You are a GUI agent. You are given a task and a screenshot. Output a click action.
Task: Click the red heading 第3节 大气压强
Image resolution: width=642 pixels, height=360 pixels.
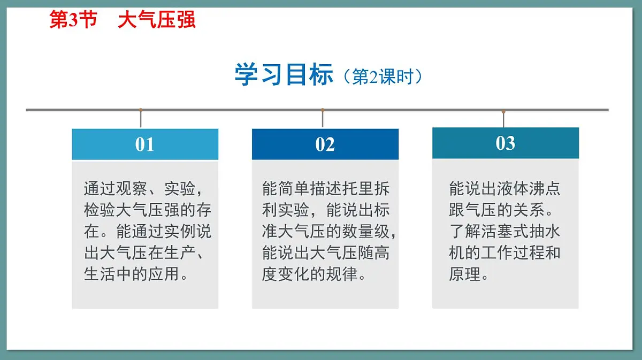click(x=123, y=20)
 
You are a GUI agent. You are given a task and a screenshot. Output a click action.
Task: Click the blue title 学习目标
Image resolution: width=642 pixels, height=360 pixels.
click(x=284, y=75)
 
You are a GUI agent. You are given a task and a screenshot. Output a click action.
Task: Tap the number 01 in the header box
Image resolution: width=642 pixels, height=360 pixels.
click(x=144, y=144)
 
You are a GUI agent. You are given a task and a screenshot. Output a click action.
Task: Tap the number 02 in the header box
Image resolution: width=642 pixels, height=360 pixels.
click(x=325, y=144)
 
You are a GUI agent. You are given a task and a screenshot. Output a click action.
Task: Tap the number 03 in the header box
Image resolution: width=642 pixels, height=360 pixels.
click(x=505, y=143)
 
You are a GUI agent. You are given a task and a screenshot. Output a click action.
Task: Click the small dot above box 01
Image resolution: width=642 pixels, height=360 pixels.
click(x=141, y=110)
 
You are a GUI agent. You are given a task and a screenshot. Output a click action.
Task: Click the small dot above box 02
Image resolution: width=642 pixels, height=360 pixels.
click(x=323, y=110)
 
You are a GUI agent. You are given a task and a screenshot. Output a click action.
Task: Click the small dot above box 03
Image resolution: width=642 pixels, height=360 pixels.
click(x=503, y=111)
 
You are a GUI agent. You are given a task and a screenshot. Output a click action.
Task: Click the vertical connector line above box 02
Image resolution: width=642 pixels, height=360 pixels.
click(x=323, y=119)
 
